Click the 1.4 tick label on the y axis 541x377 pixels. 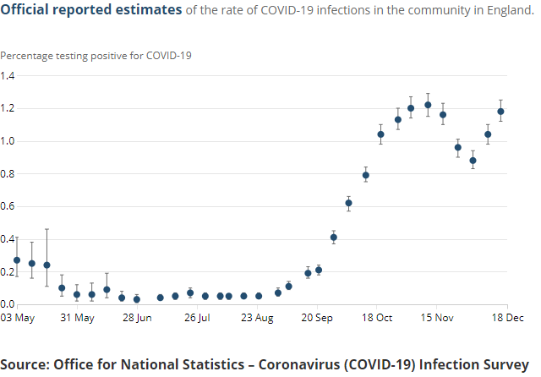pyautogui.click(x=8, y=75)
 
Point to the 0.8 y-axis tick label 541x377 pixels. pyautogui.click(x=8, y=173)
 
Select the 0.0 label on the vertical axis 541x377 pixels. pyautogui.click(x=8, y=304)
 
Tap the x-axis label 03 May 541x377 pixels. pyautogui.click(x=17, y=318)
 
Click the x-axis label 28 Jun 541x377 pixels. pyautogui.click(x=137, y=318)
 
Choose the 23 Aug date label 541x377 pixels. pyautogui.click(x=258, y=318)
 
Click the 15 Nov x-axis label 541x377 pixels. pyautogui.click(x=438, y=318)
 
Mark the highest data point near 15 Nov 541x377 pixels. pyautogui.click(x=428, y=105)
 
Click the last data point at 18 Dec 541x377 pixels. pyautogui.click(x=500, y=111)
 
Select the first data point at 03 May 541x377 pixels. pyautogui.click(x=17, y=260)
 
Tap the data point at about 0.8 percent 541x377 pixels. pyautogui.click(x=366, y=175)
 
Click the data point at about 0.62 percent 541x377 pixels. pyautogui.click(x=348, y=203)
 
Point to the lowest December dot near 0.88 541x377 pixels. pyautogui.click(x=473, y=161)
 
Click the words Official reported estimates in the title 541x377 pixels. pyautogui.click(x=91, y=10)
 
